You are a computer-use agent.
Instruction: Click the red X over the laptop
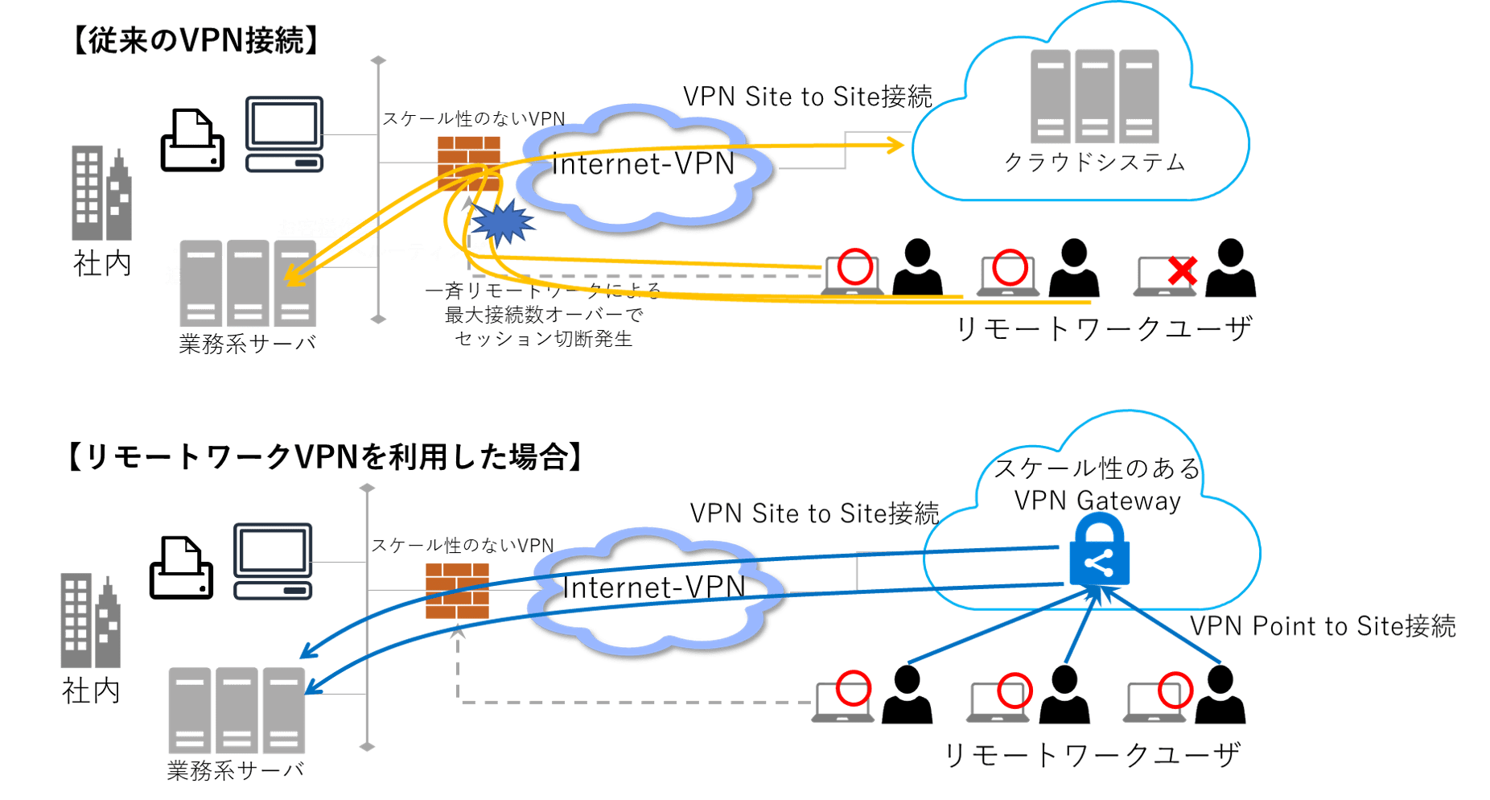tap(1181, 270)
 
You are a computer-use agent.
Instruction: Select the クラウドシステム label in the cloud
tap(1094, 163)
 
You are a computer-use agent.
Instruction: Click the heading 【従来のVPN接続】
tap(196, 40)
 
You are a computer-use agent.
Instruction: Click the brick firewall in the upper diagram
tap(468, 161)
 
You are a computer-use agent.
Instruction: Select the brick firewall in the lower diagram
tap(457, 591)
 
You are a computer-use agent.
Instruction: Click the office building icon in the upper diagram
tap(101, 193)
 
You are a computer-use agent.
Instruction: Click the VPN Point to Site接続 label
tap(1323, 626)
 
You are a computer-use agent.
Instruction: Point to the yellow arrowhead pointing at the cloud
tap(895, 145)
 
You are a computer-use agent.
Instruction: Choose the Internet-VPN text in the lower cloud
tap(656, 588)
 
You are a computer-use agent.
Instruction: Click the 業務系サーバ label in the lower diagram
tap(236, 771)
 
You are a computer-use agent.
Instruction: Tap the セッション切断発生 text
tap(544, 339)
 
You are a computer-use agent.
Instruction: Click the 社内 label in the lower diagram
tap(91, 691)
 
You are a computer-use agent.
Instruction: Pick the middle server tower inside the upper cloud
tap(1094, 97)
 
